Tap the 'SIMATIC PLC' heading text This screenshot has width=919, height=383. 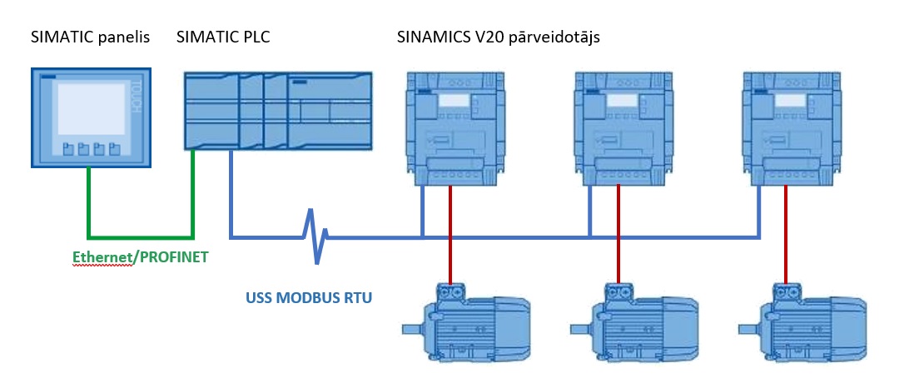click(x=223, y=37)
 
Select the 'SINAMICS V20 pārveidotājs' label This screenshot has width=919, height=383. click(x=498, y=37)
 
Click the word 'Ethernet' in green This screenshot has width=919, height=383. click(x=102, y=258)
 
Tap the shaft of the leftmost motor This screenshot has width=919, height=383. click(x=412, y=327)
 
